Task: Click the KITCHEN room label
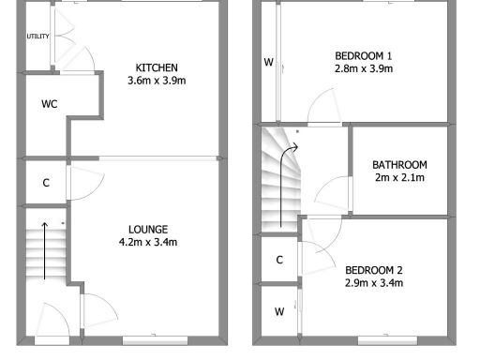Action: coord(157,67)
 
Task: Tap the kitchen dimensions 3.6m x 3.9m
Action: coord(157,82)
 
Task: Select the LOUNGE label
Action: coord(149,229)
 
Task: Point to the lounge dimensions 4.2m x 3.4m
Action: coord(149,243)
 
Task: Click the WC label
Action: coord(50,104)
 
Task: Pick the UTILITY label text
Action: coord(37,37)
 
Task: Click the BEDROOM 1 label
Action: coord(363,54)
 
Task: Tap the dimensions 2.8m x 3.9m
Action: coord(363,68)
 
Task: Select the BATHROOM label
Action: coord(399,164)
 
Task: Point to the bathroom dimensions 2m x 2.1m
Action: coord(399,178)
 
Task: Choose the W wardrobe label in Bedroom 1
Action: coord(268,63)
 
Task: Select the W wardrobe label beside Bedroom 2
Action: coord(279,311)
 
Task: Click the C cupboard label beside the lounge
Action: coord(46,183)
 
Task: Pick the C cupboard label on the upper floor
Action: coord(279,260)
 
